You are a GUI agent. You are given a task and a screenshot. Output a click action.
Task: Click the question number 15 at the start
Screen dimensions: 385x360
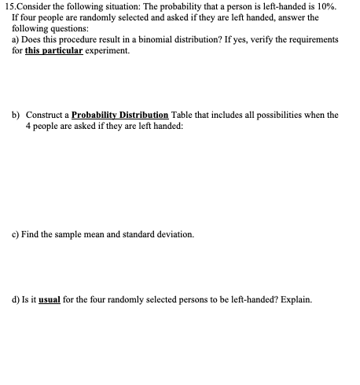[x=7, y=6]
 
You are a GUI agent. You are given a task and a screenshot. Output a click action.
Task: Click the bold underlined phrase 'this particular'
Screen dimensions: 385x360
[x=51, y=50]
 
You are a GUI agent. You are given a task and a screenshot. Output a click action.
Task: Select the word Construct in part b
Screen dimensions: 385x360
[x=43, y=115]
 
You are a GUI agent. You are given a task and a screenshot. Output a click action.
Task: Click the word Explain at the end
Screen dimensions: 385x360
[x=296, y=299]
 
